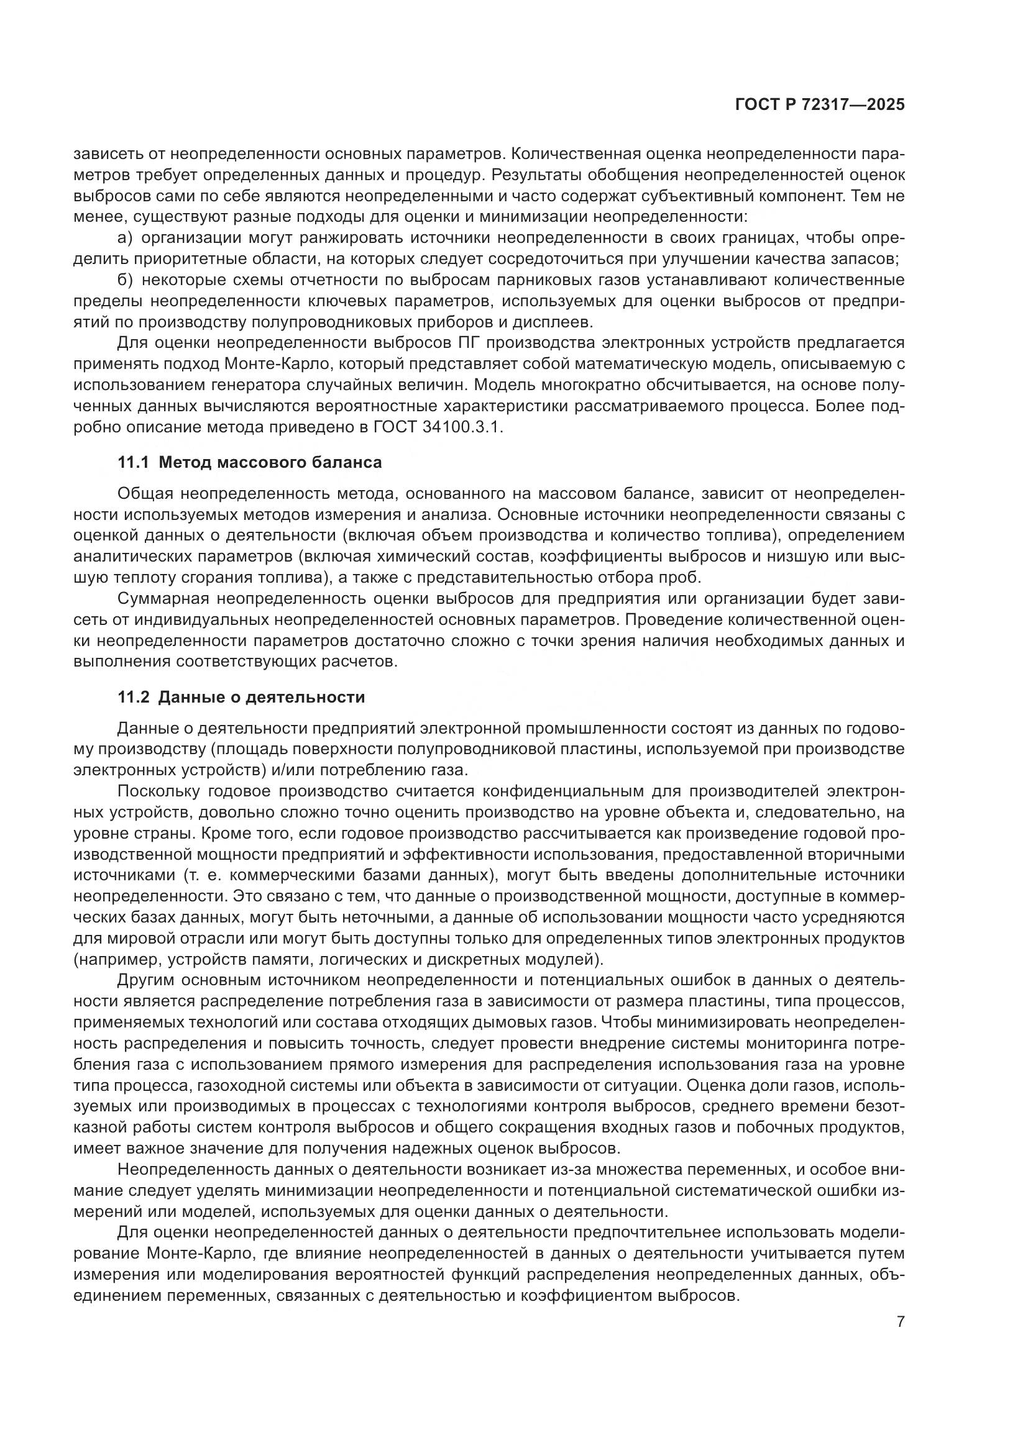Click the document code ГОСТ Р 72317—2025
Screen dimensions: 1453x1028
[x=820, y=105]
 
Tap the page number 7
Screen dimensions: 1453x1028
[x=901, y=1322]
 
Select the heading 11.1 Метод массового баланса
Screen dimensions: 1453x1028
[x=250, y=463]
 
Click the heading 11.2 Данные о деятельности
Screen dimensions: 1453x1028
[x=241, y=698]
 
